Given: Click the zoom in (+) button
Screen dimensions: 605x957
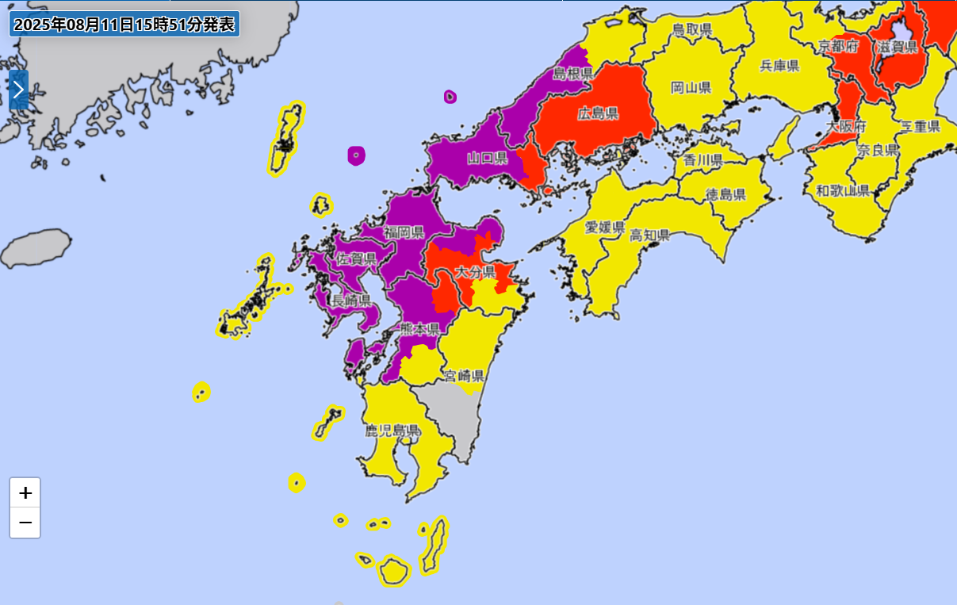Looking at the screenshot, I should pos(25,492).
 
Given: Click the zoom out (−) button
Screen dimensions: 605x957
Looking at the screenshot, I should pos(25,523).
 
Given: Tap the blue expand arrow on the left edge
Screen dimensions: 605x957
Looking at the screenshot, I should pos(18,90).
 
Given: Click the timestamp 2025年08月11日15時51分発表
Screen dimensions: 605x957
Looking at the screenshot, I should pos(124,24).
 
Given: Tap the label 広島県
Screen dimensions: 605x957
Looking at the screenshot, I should pos(598,113).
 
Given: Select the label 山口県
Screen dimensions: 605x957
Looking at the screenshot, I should pos(487,158).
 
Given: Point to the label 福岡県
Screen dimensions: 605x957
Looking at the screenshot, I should pos(404,232).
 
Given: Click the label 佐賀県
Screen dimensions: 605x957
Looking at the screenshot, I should pos(356,258).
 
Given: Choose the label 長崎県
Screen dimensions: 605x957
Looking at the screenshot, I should pos(350,301).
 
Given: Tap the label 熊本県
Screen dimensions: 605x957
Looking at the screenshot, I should pos(419,328).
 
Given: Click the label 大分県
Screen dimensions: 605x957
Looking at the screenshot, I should pos(476,272).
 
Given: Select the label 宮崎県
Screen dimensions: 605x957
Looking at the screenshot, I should pos(464,375).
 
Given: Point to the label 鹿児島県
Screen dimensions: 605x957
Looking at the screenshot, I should pos(392,431).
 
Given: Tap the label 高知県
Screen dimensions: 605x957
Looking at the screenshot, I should pos(650,235).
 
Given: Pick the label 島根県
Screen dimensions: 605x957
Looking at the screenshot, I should pos(573,74).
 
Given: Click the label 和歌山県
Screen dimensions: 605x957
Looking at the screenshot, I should pos(843,190).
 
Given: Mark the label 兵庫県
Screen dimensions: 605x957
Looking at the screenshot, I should pos(779,66).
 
